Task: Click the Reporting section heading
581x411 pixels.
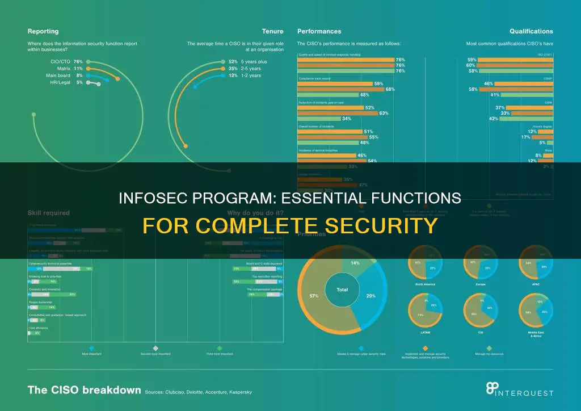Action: click(43, 31)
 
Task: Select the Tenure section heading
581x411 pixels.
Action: click(272, 31)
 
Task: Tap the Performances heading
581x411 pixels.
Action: click(319, 31)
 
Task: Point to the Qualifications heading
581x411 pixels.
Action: click(531, 31)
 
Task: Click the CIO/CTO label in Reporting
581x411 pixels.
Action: click(61, 61)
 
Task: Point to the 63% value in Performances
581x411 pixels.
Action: click(384, 113)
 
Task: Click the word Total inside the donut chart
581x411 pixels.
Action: click(342, 290)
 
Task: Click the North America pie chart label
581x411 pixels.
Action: click(425, 284)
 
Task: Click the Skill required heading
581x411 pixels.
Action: click(49, 213)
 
